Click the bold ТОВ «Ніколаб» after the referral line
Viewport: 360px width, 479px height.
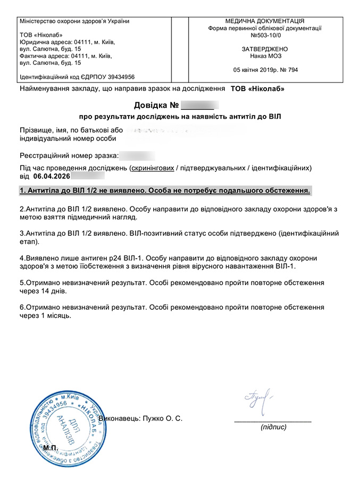[258, 88]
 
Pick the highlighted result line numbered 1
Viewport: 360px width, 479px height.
[164, 191]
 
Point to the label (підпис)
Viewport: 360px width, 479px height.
[273, 427]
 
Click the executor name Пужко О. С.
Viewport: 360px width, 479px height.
[162, 418]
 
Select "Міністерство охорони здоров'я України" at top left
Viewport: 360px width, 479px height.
[74, 21]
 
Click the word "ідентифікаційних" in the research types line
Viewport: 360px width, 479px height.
[280, 168]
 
